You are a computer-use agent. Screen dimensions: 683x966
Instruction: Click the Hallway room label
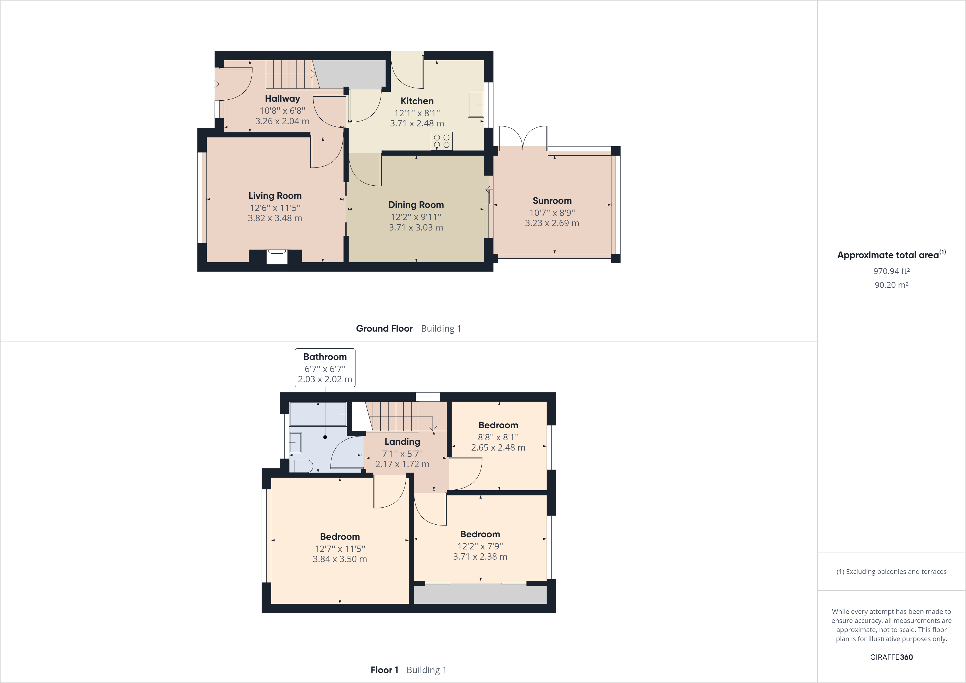282,99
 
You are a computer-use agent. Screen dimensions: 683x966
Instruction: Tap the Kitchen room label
417,101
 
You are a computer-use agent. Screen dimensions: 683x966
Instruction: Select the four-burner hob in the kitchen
441,140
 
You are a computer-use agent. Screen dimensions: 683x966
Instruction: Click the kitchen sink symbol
476,104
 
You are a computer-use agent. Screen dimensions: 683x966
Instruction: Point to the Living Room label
275,196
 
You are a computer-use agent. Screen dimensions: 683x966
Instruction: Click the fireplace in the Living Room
277,257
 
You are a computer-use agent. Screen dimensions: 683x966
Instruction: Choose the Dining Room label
416,205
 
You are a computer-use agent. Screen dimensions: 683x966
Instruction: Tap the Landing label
402,442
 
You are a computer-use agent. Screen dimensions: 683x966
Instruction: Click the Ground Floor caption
384,329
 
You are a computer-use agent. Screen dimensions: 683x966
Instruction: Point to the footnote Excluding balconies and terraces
891,571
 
